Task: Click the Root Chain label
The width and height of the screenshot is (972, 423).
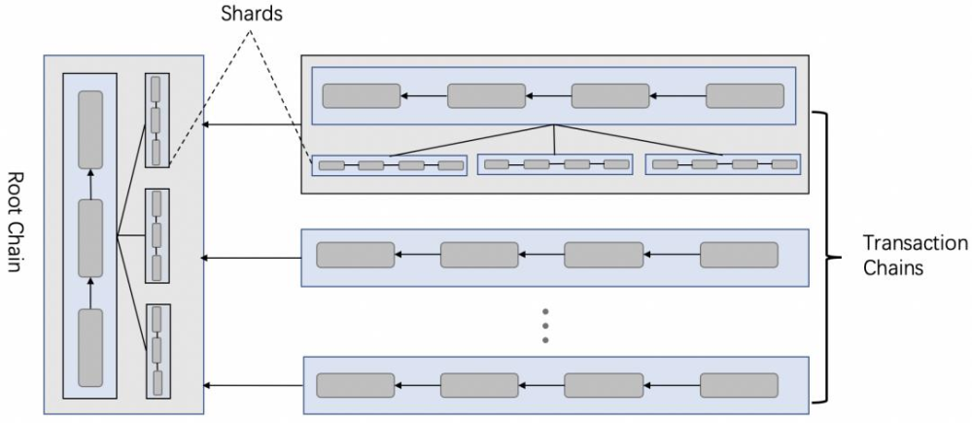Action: pyautogui.click(x=16, y=223)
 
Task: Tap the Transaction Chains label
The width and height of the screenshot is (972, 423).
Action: pyautogui.click(x=915, y=255)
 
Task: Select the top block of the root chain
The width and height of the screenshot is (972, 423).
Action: pyautogui.click(x=90, y=128)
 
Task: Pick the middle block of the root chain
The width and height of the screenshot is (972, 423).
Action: pyautogui.click(x=90, y=237)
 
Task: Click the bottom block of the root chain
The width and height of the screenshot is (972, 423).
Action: pyautogui.click(x=90, y=346)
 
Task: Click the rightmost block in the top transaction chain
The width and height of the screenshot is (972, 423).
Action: pyautogui.click(x=745, y=95)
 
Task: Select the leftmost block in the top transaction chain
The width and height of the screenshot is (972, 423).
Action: pyautogui.click(x=362, y=95)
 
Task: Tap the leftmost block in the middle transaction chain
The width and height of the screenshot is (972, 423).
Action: pyautogui.click(x=356, y=255)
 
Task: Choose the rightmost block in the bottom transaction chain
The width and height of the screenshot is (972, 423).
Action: pyautogui.click(x=739, y=385)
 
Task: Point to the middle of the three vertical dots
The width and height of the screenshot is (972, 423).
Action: pyautogui.click(x=546, y=325)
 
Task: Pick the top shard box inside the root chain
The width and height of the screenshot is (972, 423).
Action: pyautogui.click(x=156, y=121)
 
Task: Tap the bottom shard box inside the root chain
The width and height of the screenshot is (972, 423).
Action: pyautogui.click(x=156, y=351)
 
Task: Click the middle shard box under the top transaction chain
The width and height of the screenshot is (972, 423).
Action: pyautogui.click(x=555, y=164)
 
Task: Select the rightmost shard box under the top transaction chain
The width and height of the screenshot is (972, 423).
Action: pyautogui.click(x=723, y=164)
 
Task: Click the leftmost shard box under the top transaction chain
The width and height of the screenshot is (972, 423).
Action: pyautogui.click(x=390, y=165)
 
